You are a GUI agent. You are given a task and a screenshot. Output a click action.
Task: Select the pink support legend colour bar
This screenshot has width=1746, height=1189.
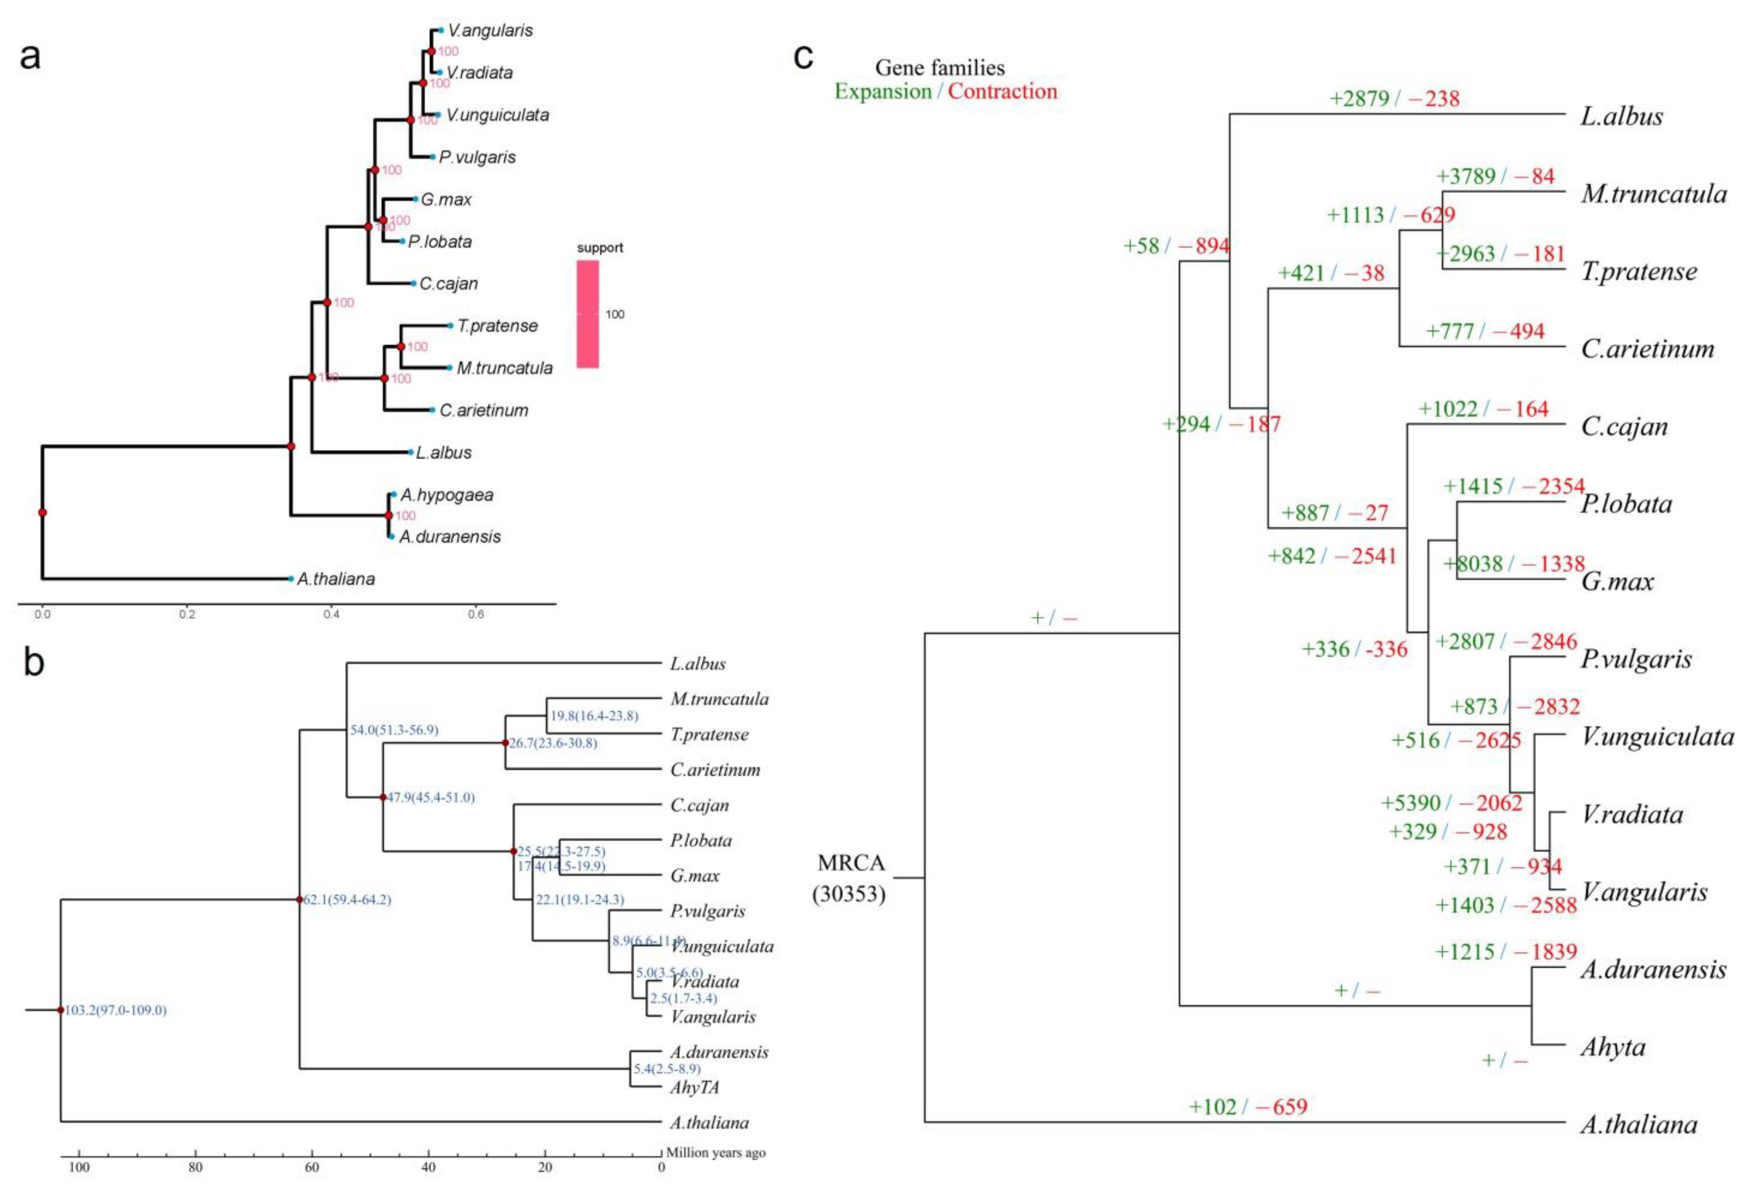[x=588, y=314]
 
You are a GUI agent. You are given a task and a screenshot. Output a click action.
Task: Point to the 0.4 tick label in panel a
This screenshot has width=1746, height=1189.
[x=331, y=614]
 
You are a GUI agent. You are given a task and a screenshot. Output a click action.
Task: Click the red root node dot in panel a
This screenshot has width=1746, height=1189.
[x=43, y=512]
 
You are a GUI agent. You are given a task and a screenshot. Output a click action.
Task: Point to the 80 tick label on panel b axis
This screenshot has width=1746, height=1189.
[x=195, y=1167]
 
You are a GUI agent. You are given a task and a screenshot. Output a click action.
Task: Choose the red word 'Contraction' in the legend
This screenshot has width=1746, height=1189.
[x=1002, y=92]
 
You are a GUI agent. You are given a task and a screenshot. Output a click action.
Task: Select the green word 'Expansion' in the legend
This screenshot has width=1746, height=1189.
[x=883, y=92]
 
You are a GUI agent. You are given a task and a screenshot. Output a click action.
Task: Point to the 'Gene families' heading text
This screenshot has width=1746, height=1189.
[x=940, y=68]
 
